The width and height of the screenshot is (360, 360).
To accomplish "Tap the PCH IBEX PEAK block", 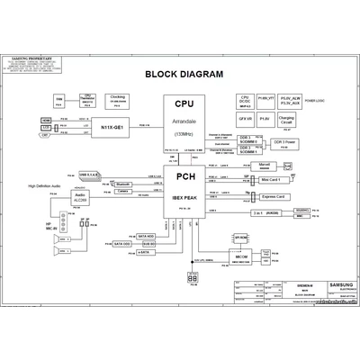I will pos(184,188).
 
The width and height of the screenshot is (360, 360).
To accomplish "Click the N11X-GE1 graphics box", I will pos(117,128).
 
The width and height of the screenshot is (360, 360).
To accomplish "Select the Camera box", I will pos(125,191).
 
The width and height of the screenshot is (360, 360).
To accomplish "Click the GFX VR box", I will pos(244,118).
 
